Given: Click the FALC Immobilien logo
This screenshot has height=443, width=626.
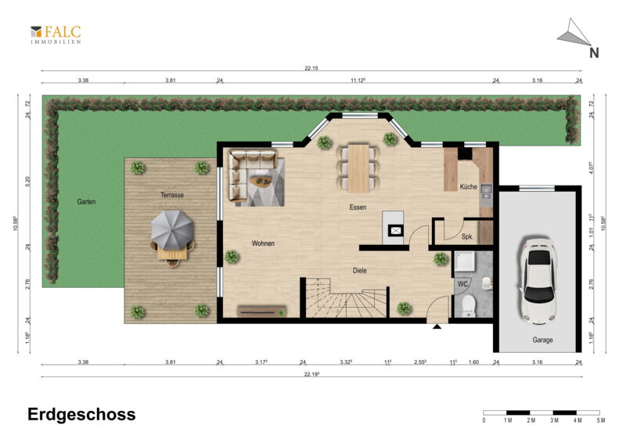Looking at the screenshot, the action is (x=56, y=34).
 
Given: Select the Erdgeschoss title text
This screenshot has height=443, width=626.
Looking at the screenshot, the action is (x=81, y=415).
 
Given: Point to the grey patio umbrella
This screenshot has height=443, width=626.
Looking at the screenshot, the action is (x=172, y=229).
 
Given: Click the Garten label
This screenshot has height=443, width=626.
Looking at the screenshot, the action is (x=86, y=202).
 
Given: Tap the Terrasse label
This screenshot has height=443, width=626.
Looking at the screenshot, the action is (x=172, y=195).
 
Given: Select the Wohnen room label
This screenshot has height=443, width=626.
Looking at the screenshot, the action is (x=263, y=243).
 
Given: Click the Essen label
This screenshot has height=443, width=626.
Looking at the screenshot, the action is (x=358, y=207).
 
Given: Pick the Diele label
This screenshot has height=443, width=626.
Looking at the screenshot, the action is (x=360, y=271).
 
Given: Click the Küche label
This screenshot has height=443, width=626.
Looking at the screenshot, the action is (x=468, y=186).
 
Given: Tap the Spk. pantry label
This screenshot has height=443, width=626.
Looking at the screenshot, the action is (x=467, y=236).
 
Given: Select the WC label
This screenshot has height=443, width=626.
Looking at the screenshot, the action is (x=462, y=284).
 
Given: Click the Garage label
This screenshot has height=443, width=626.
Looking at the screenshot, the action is (x=542, y=340).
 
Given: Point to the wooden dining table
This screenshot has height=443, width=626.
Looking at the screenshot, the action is (x=358, y=168).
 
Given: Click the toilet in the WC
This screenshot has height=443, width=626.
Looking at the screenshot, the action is (x=468, y=306).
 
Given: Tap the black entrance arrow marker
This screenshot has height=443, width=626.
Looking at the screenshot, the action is (x=437, y=326).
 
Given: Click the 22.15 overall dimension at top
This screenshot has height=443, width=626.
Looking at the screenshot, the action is (x=311, y=68).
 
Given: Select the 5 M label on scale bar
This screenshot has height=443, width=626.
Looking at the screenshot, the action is (x=600, y=420).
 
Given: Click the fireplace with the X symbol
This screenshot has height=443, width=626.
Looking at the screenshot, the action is (x=396, y=230).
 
